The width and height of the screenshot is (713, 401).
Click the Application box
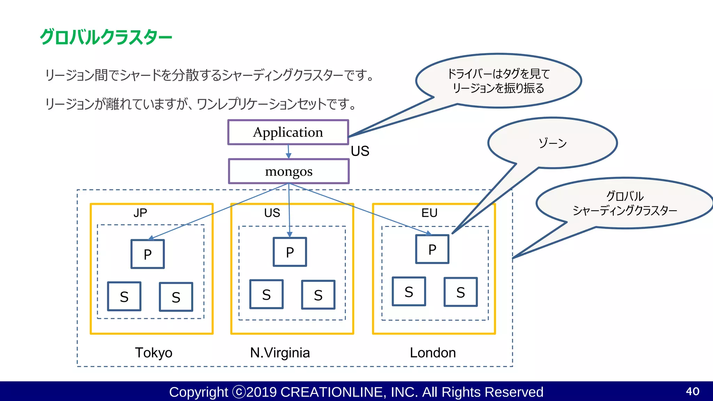click(288, 132)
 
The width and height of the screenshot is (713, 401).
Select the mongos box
click(289, 171)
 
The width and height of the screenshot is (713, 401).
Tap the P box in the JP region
click(148, 254)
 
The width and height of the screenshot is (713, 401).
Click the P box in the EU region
click(432, 249)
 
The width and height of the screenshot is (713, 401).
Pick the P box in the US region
click(290, 252)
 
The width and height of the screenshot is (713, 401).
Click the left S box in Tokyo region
click(124, 297)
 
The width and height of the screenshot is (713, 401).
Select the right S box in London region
click(461, 292)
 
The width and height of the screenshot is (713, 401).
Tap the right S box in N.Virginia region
click(318, 295)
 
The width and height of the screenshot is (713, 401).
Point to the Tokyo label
click(154, 353)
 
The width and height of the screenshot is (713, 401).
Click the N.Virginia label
click(280, 353)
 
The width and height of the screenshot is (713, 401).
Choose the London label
click(433, 353)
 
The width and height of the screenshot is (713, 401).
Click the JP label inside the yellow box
click(140, 213)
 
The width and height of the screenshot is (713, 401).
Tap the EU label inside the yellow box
click(429, 213)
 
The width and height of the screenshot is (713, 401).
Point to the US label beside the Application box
click(360, 151)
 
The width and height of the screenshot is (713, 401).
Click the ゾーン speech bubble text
click(553, 143)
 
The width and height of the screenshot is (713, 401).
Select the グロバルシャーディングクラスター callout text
click(625, 203)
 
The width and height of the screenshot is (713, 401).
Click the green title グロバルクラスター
click(106, 37)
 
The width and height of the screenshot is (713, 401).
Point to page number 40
click(692, 391)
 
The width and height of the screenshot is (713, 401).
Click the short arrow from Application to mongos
click(288, 151)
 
